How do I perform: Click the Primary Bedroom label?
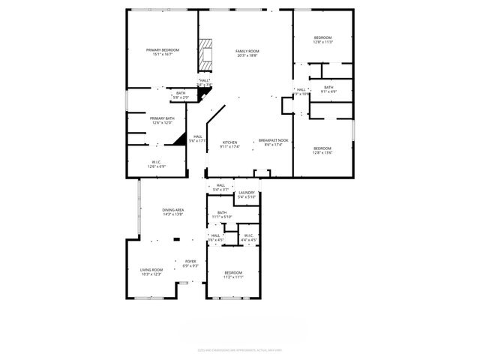coord(163,50)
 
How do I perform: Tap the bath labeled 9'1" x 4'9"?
coord(328,88)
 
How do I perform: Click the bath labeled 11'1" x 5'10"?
coord(222,213)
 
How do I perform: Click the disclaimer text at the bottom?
coord(239,349)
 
